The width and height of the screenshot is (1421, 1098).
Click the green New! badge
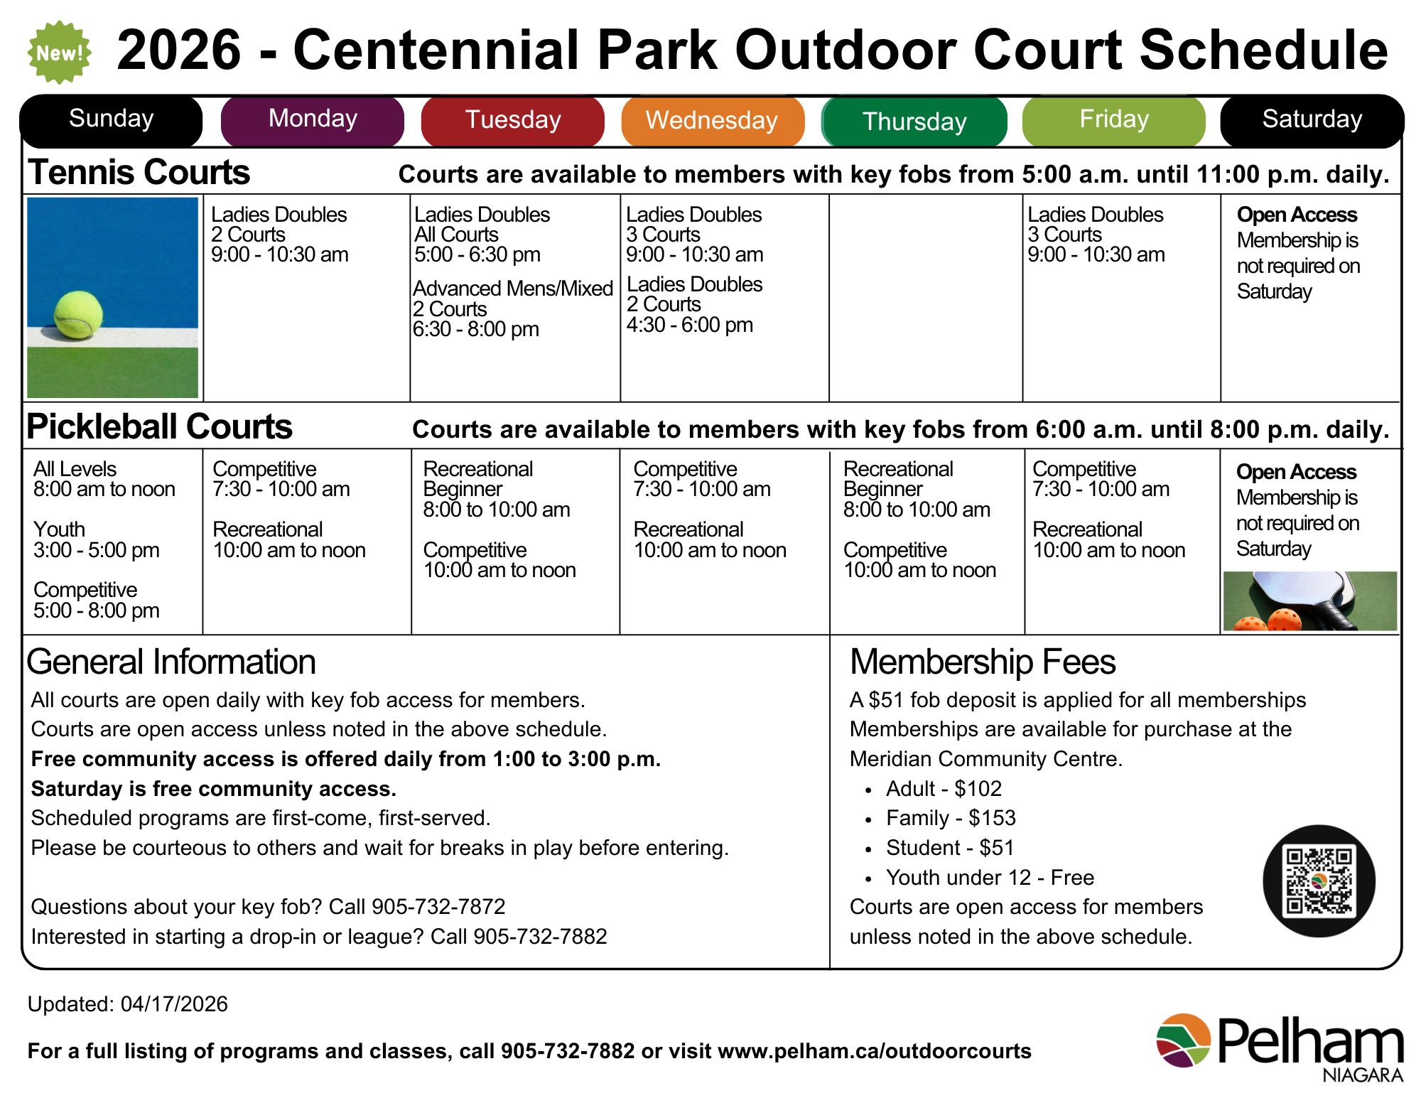tap(60, 53)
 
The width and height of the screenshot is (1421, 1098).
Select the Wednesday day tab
tap(712, 120)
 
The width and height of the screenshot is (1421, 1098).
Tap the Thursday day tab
tap(914, 122)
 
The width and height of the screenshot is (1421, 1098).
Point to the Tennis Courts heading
tap(139, 173)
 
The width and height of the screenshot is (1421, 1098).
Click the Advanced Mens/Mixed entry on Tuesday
tap(512, 289)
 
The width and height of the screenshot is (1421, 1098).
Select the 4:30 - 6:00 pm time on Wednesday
tap(689, 325)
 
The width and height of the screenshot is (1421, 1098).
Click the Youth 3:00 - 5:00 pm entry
tap(96, 539)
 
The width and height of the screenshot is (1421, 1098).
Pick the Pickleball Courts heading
tap(159, 427)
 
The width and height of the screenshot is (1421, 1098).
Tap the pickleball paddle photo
tap(1309, 601)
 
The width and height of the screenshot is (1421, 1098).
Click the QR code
tap(1319, 881)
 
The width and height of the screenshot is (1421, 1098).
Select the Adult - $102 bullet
tap(943, 789)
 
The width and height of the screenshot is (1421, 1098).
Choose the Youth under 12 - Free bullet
tap(989, 878)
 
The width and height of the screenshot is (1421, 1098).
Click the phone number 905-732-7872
tap(438, 907)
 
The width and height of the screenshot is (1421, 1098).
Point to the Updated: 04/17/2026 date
tap(128, 1004)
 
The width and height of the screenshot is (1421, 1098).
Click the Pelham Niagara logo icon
tap(1183, 1040)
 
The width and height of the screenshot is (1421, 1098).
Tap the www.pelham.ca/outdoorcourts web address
tap(874, 1051)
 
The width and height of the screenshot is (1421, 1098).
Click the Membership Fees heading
tap(982, 662)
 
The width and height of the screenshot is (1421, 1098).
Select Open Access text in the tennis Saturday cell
tap(1296, 215)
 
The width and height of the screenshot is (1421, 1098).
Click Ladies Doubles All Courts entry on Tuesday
tap(481, 224)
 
